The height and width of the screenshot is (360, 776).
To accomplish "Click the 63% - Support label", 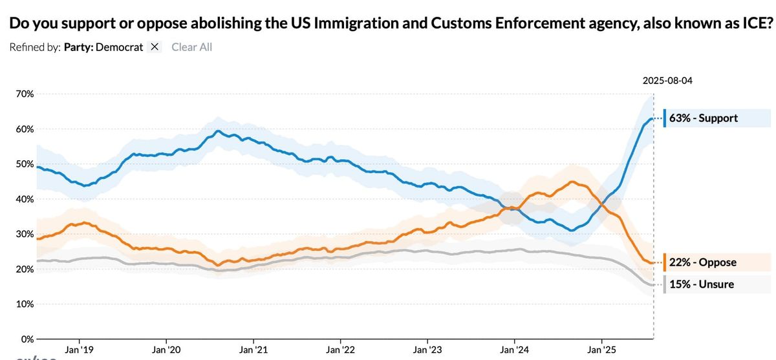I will coord(704,118).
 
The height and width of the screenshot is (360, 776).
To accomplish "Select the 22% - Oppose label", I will coord(703,262).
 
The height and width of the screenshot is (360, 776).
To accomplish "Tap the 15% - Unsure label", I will coord(702,284).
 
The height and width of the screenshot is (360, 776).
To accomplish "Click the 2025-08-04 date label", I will coord(667,81).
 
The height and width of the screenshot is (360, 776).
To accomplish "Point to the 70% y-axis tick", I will coord(24,94).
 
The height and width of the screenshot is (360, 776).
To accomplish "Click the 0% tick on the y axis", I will coord(27,339).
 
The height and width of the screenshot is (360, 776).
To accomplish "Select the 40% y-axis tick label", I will coord(24,199).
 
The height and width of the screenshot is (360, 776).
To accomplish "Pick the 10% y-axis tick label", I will coord(24,304).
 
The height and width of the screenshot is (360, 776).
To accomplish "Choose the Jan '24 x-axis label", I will coord(514,350).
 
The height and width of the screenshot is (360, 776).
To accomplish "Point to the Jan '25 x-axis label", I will coord(601,350).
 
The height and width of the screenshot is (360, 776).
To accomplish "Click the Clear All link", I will coord(191,47).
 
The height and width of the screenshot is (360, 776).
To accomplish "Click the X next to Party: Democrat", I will coord(155,47).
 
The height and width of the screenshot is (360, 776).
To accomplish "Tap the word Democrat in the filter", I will coord(119,47).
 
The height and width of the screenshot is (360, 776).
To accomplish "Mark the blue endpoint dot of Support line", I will coord(652,119).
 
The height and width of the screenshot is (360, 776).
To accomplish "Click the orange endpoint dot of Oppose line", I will coord(652,262).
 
